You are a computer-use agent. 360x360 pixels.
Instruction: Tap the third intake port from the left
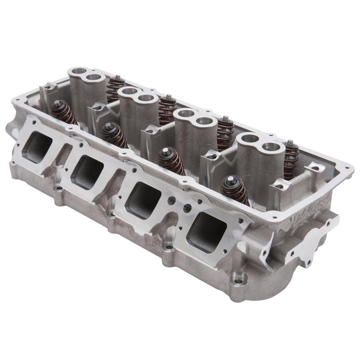(x=143, y=199)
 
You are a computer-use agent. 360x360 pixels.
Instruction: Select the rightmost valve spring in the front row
(x=234, y=189)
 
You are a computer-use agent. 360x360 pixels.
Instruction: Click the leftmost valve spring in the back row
(x=115, y=88)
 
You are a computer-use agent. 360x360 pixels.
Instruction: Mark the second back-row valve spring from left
(x=167, y=109)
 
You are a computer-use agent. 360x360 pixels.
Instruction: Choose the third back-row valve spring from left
(x=225, y=133)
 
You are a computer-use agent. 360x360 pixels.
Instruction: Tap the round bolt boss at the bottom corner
(x=237, y=280)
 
